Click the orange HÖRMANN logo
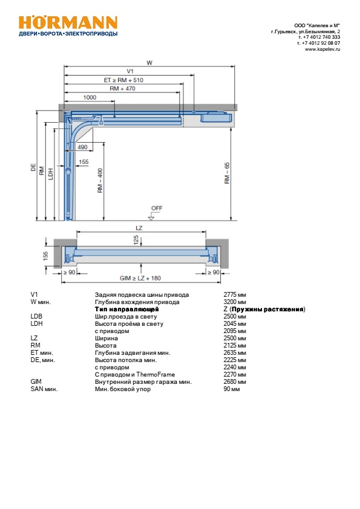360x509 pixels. coord(68,23)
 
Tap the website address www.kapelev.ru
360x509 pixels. coord(322,50)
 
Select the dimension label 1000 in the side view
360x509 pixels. coord(90,97)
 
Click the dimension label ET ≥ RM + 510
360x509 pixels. coord(123,80)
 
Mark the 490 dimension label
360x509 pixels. coord(82,147)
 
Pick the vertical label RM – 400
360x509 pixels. coord(100,181)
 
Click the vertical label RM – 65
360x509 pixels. coord(227,173)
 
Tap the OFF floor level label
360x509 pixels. coord(157,208)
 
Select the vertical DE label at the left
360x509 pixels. coord(33,167)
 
